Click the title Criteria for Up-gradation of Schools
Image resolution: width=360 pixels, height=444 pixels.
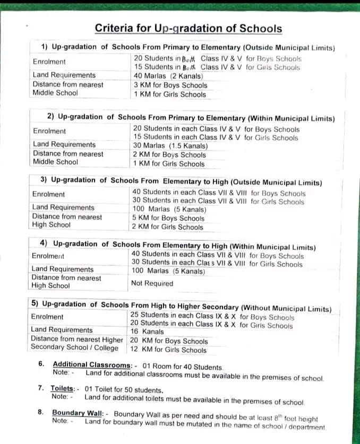click(x=188, y=29)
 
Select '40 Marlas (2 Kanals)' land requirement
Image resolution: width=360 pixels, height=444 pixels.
click(x=168, y=76)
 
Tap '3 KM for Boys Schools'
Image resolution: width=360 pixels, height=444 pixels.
click(x=170, y=85)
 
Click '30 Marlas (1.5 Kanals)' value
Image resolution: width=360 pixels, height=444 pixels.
click(x=170, y=146)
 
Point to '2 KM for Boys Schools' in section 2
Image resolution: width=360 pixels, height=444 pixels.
click(x=169, y=155)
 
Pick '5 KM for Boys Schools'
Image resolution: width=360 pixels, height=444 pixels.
click(x=168, y=218)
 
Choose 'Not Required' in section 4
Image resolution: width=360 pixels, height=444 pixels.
click(x=152, y=283)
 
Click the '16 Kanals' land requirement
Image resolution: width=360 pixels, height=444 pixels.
click(x=147, y=331)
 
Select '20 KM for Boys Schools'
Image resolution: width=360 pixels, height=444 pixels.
click(x=169, y=341)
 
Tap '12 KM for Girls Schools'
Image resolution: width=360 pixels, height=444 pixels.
click(x=168, y=350)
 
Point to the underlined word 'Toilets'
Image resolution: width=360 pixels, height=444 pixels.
click(x=63, y=388)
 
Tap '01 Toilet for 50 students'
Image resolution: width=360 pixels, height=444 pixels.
click(x=123, y=390)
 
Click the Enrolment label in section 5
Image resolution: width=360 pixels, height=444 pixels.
click(x=47, y=317)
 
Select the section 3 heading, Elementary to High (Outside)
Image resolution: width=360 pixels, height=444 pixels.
click(x=181, y=181)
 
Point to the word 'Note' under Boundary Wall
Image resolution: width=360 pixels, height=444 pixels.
click(x=61, y=421)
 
